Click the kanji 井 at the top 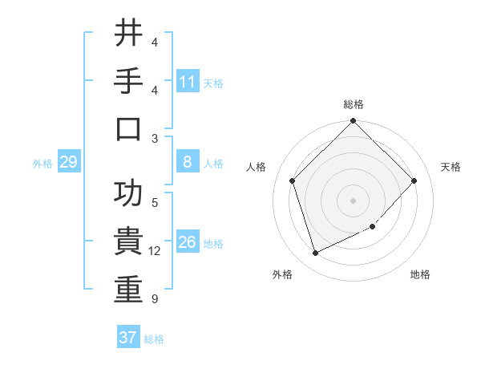click(x=128, y=34)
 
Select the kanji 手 click(x=128, y=81)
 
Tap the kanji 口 click(x=128, y=129)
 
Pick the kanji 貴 click(x=128, y=242)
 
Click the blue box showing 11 click(x=188, y=82)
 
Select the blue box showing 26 click(x=188, y=242)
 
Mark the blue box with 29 click(x=68, y=163)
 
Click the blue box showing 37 click(x=127, y=338)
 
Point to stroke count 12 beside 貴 click(x=155, y=251)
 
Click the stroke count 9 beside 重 click(x=154, y=299)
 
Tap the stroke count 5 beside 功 click(x=154, y=202)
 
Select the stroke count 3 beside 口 click(x=154, y=138)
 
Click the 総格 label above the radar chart click(x=353, y=104)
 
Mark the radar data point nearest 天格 click(x=414, y=180)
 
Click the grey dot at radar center click(x=353, y=200)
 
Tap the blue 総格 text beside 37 click(x=155, y=339)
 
